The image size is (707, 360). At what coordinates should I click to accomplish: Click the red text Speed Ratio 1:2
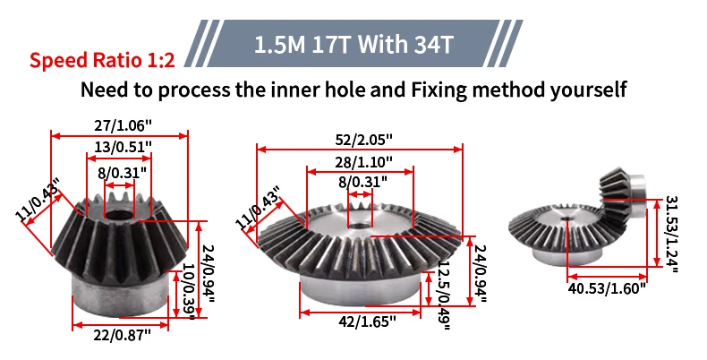(102, 59)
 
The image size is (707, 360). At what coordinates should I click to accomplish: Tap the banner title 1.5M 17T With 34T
(353, 45)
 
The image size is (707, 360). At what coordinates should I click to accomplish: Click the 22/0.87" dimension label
(122, 335)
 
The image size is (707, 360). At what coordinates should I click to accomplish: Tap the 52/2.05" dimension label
(364, 140)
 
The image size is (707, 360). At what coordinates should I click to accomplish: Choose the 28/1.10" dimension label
(364, 161)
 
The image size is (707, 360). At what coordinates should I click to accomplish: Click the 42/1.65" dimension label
(367, 321)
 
